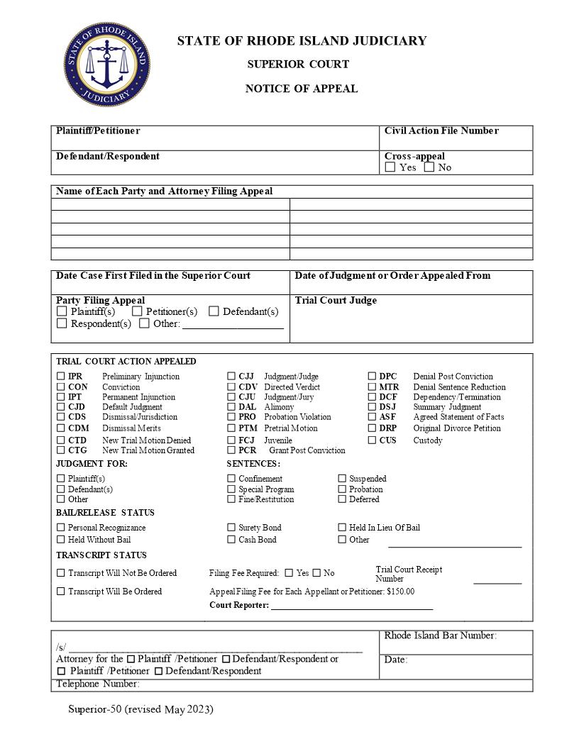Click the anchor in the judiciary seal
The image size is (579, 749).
pyautogui.click(x=106, y=65)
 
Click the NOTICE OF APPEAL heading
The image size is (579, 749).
pyautogui.click(x=302, y=89)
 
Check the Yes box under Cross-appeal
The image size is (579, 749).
pyautogui.click(x=390, y=167)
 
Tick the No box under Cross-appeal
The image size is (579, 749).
pyautogui.click(x=429, y=167)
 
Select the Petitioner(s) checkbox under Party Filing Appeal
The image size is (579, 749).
pyautogui.click(x=137, y=311)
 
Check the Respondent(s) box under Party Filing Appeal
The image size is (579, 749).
pyautogui.click(x=62, y=323)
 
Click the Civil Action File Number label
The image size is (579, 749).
pyautogui.click(x=441, y=131)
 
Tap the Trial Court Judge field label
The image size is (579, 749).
pyautogui.click(x=336, y=300)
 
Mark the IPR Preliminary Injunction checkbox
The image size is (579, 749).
pyautogui.click(x=61, y=376)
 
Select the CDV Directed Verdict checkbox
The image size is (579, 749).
pyautogui.click(x=231, y=387)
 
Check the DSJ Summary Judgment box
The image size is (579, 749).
pyautogui.click(x=372, y=407)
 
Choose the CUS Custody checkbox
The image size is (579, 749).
pyautogui.click(x=372, y=440)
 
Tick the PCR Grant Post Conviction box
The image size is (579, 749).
pyautogui.click(x=231, y=450)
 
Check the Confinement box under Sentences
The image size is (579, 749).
pyautogui.click(x=231, y=479)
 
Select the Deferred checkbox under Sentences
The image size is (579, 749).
pyautogui.click(x=342, y=499)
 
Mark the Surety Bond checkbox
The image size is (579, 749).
pyautogui.click(x=231, y=527)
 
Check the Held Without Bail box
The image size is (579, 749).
pyautogui.click(x=61, y=539)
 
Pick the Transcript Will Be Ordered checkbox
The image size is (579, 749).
pyautogui.click(x=61, y=591)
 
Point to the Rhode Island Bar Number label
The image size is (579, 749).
pyautogui.click(x=440, y=636)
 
